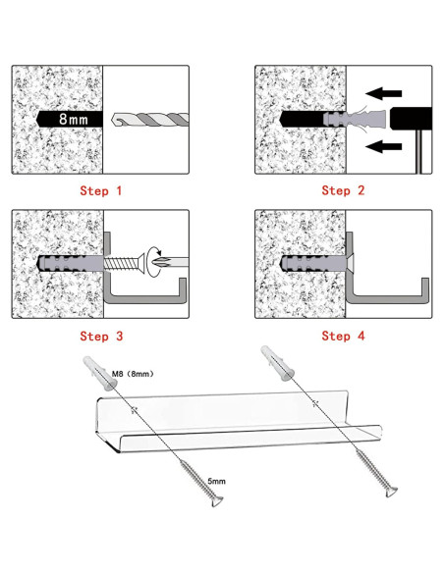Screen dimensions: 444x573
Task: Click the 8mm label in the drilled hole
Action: click(x=74, y=119)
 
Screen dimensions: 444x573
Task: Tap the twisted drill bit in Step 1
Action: click(x=150, y=119)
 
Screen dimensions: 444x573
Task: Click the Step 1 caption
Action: click(x=100, y=190)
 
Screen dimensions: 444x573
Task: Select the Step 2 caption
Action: click(x=343, y=190)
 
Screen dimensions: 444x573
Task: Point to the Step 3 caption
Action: click(x=101, y=336)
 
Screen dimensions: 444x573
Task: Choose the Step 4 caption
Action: click(x=343, y=336)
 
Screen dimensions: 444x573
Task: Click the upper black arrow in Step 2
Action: click(x=384, y=93)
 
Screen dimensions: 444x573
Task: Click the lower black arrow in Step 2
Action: click(x=384, y=146)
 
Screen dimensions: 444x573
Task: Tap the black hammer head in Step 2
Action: click(x=411, y=118)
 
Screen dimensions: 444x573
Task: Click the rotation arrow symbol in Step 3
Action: click(x=155, y=253)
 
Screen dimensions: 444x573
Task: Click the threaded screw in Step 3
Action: click(x=123, y=263)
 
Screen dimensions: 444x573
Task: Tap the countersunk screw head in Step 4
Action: click(x=349, y=263)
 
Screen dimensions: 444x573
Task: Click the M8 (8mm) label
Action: click(x=133, y=374)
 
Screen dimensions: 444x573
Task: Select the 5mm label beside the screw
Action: click(x=216, y=481)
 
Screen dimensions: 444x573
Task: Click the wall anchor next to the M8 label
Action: click(x=100, y=373)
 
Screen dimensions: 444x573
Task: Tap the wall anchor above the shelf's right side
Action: click(x=278, y=363)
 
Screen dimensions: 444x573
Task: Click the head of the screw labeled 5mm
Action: click(x=217, y=501)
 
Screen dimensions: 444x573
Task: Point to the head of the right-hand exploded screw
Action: click(x=392, y=492)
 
